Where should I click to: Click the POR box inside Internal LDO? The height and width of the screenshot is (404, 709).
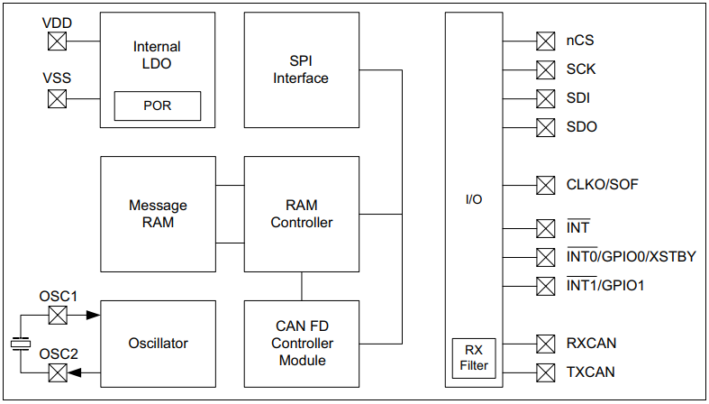[157, 106]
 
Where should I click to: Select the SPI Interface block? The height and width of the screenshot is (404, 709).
[301, 69]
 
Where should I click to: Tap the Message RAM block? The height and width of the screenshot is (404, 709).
[158, 214]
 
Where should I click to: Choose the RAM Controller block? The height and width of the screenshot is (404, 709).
[301, 214]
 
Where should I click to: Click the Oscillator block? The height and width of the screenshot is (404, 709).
[158, 343]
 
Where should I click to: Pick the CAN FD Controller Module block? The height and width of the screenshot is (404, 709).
[301, 344]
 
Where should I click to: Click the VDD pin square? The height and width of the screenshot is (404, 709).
[57, 41]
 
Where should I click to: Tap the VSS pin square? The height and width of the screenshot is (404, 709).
[57, 97]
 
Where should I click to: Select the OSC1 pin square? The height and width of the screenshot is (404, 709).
[57, 316]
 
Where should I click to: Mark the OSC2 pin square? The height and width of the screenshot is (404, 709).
[57, 372]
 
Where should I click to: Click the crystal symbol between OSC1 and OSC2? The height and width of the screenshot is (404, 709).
[20, 344]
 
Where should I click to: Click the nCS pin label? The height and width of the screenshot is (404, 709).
[579, 41]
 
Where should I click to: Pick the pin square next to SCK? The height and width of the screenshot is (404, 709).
[545, 69]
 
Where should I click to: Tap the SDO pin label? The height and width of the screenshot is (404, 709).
[581, 127]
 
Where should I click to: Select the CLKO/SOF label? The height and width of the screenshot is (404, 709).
[603, 185]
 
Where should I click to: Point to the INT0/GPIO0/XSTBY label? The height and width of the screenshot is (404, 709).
[631, 257]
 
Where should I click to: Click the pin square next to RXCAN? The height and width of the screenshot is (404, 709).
[545, 344]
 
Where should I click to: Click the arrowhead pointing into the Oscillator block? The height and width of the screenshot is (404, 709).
[93, 316]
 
